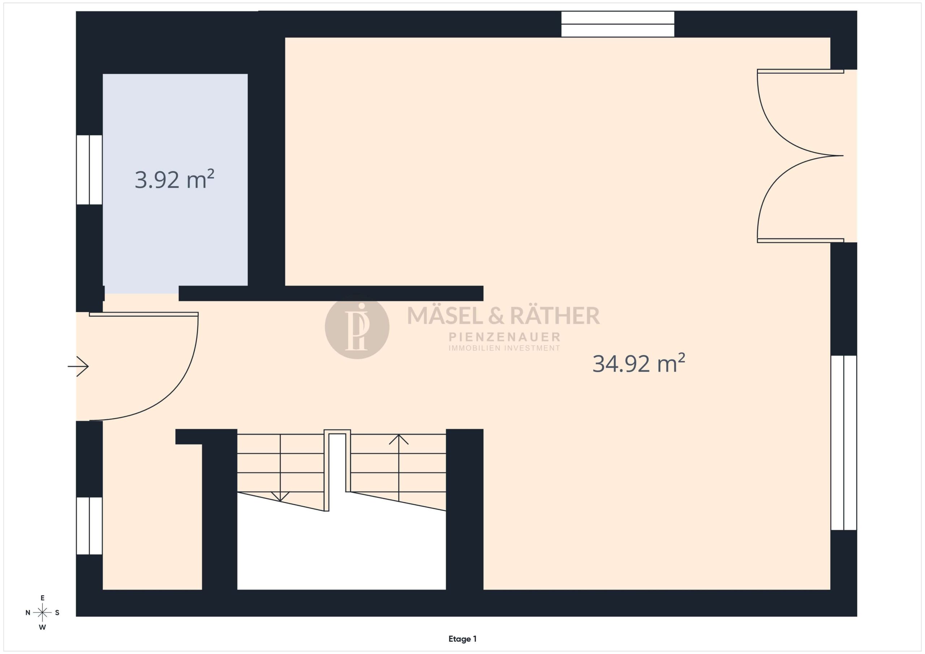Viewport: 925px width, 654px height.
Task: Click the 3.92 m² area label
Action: (175, 179)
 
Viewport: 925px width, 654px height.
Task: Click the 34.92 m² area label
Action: (638, 363)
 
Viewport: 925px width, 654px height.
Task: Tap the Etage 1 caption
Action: (462, 639)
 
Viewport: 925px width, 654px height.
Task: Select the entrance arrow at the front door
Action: (78, 367)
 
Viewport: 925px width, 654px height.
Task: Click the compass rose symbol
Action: (42, 612)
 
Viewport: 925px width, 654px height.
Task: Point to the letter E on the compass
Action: (42, 598)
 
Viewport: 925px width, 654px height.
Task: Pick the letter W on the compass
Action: (42, 627)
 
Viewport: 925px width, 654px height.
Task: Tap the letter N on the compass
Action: (28, 612)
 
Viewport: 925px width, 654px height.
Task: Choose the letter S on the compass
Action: (57, 612)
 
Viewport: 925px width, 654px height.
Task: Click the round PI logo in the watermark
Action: (357, 326)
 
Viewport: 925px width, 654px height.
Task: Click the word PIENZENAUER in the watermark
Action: (504, 337)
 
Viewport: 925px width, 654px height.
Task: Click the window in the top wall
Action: (618, 24)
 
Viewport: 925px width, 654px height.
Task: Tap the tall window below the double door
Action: (844, 443)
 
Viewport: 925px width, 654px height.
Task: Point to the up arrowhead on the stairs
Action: (399, 439)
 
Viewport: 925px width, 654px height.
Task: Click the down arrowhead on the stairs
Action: (280, 496)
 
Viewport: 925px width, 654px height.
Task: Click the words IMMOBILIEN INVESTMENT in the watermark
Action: (504, 348)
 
